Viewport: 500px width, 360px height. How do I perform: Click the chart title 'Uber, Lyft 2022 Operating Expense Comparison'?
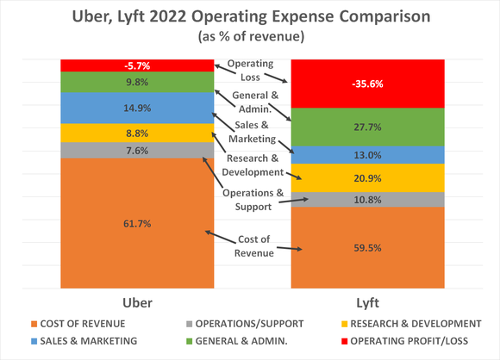coord(250,18)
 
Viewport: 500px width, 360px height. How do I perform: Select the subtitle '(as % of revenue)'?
coord(250,39)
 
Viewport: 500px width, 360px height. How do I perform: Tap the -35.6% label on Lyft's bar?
coord(367,84)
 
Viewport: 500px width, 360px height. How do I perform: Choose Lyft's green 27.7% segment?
coord(367,127)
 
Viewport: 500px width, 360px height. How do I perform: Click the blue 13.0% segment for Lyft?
coord(367,155)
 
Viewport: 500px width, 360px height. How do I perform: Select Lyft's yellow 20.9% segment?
coord(367,177)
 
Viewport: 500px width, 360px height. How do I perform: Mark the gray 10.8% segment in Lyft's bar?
coord(367,200)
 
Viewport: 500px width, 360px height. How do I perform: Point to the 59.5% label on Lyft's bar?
coord(367,248)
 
